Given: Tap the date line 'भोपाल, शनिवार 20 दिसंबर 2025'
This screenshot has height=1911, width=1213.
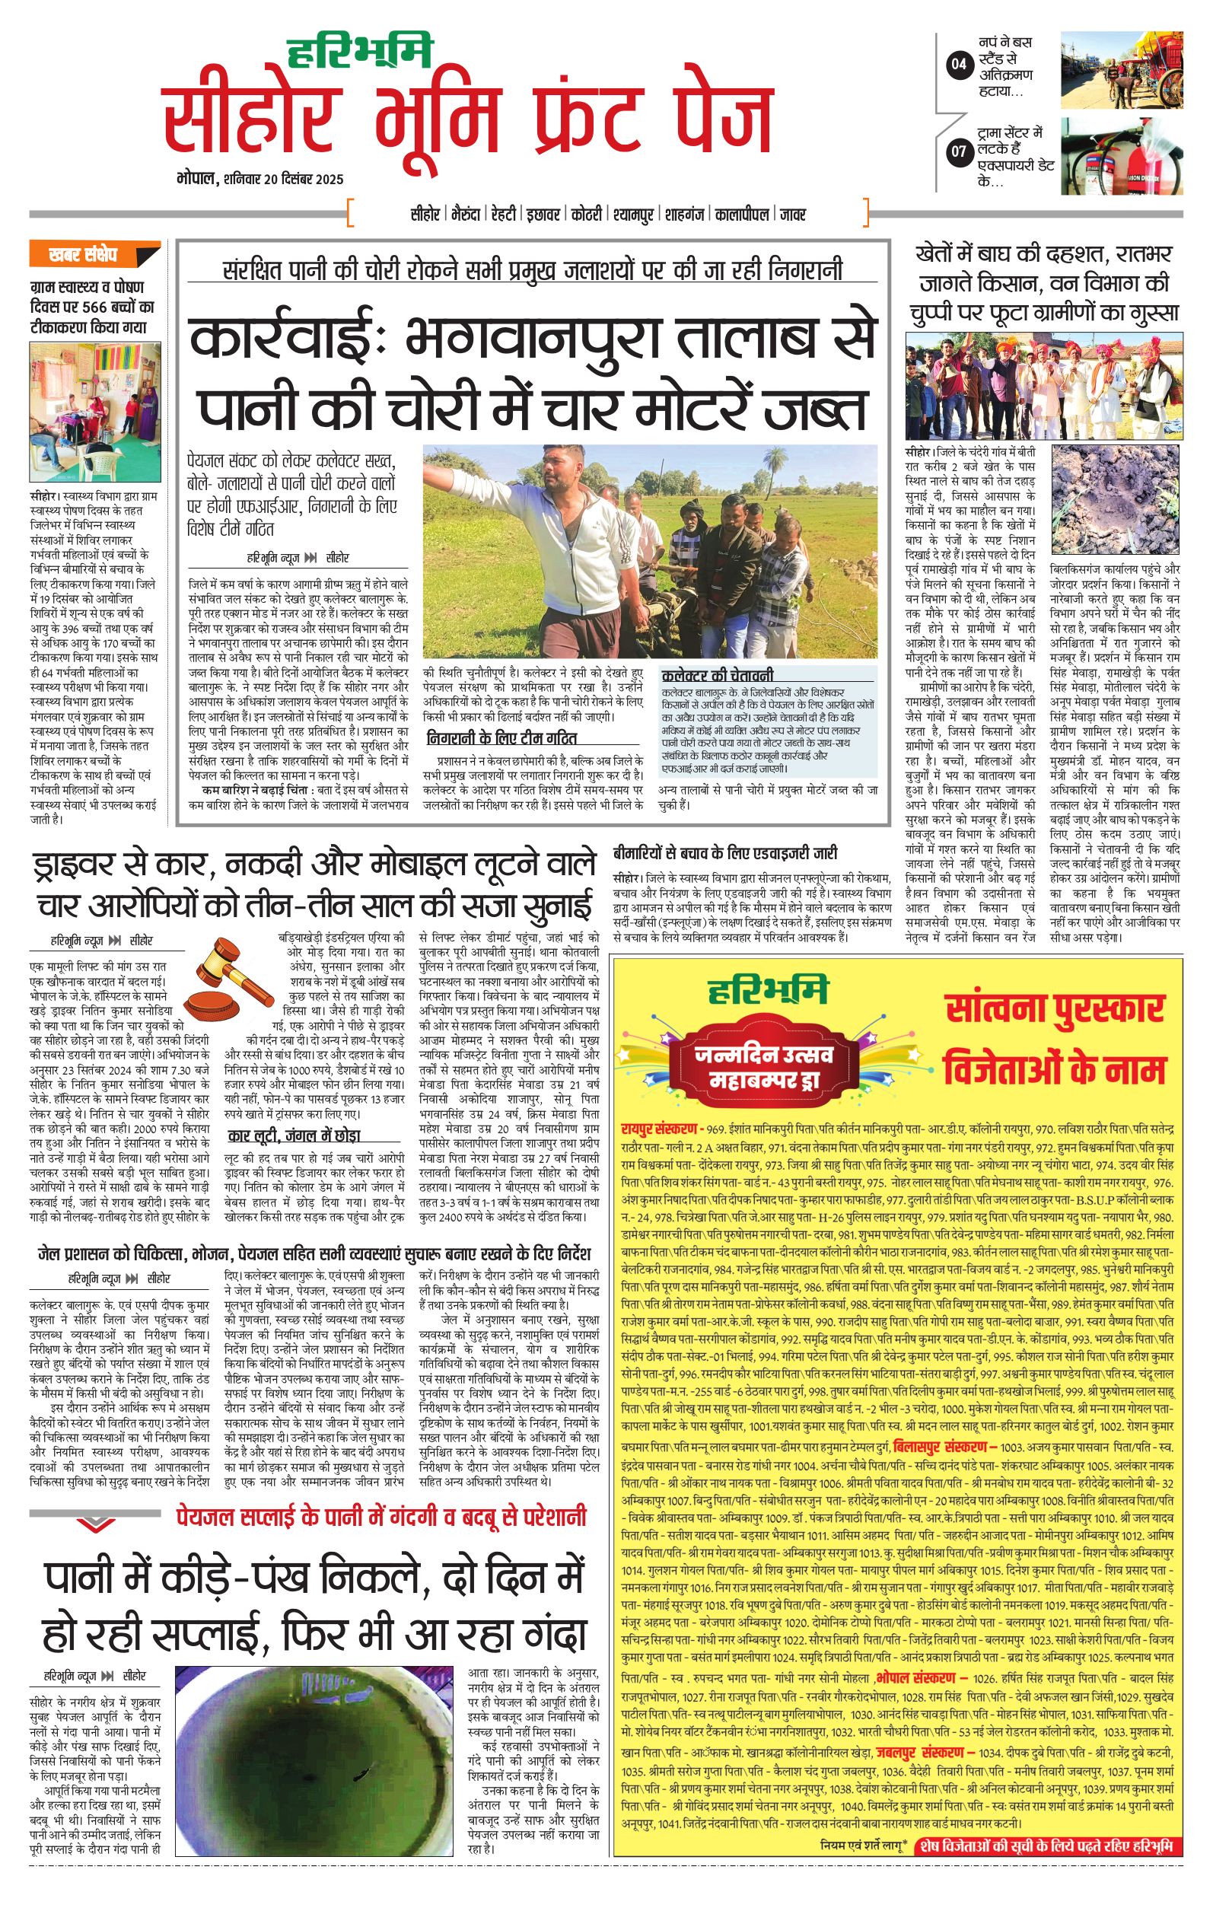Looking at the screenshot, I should pos(260,180).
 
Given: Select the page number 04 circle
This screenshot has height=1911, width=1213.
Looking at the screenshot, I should pos(960,64).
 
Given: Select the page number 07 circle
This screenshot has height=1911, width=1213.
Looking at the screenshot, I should pos(960,151).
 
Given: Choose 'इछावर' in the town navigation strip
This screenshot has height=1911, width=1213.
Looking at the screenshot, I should pos(543,215).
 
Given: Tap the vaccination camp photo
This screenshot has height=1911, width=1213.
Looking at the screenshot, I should pos(94,409).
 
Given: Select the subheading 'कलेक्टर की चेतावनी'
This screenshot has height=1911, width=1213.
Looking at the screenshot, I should pos(718,675).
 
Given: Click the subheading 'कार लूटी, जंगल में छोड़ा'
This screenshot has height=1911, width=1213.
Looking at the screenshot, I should pos(294,1135).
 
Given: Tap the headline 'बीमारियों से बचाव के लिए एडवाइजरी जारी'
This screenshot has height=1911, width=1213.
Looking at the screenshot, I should pos(725,853).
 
